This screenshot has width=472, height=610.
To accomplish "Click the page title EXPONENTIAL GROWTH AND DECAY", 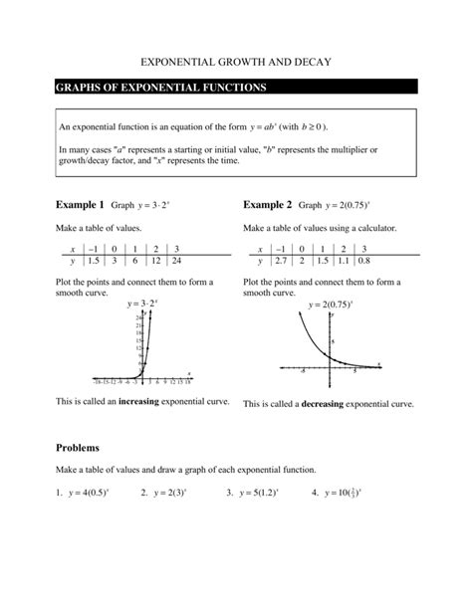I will tap(235, 62).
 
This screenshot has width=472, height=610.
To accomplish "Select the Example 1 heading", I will tap(81, 205).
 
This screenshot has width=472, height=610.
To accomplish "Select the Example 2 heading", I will tap(268, 205).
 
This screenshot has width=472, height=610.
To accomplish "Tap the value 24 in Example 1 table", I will tap(176, 261).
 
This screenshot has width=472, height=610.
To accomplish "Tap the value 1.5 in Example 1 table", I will tap(91, 261).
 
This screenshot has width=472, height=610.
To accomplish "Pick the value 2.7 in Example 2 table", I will tap(281, 261).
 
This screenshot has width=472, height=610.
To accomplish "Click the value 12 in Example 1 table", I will tap(155, 261).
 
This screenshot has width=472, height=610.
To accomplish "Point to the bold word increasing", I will tap(147, 401).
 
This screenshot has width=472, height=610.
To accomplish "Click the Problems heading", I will tap(84, 448).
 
